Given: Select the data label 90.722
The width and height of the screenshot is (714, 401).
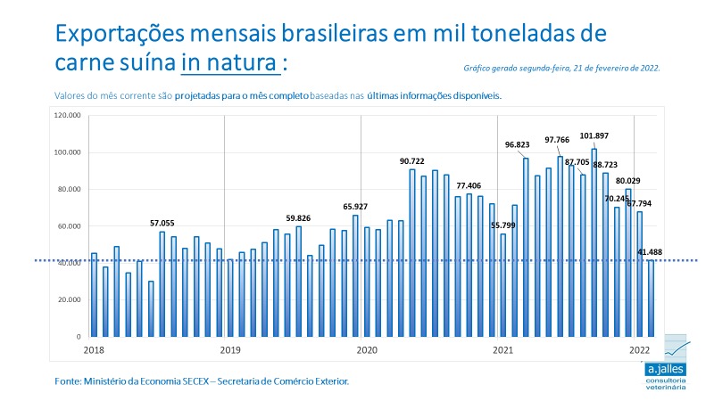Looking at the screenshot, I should (x=411, y=160).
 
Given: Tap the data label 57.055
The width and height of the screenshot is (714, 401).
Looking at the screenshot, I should (x=162, y=223).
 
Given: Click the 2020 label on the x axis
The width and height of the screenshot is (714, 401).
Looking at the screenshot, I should (x=365, y=349).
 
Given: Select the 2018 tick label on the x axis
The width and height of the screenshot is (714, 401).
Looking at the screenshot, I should (x=94, y=349).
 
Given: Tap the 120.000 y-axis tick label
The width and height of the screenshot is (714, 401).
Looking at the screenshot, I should (x=67, y=116).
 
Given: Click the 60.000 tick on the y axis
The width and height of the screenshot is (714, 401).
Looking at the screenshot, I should (x=69, y=226).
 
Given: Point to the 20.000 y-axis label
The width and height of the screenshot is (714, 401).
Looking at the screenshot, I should (x=69, y=300).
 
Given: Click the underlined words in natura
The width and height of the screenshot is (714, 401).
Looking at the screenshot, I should (x=228, y=64).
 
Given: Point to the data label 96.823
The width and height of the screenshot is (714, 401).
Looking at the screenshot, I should (x=518, y=143).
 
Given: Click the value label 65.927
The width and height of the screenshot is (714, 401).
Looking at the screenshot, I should (x=355, y=207).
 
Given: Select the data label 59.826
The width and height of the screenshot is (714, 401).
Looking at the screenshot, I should (x=298, y=217).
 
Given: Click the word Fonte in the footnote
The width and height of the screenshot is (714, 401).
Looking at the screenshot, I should (x=67, y=381).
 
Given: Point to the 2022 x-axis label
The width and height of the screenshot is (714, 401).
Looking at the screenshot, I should (x=639, y=349).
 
